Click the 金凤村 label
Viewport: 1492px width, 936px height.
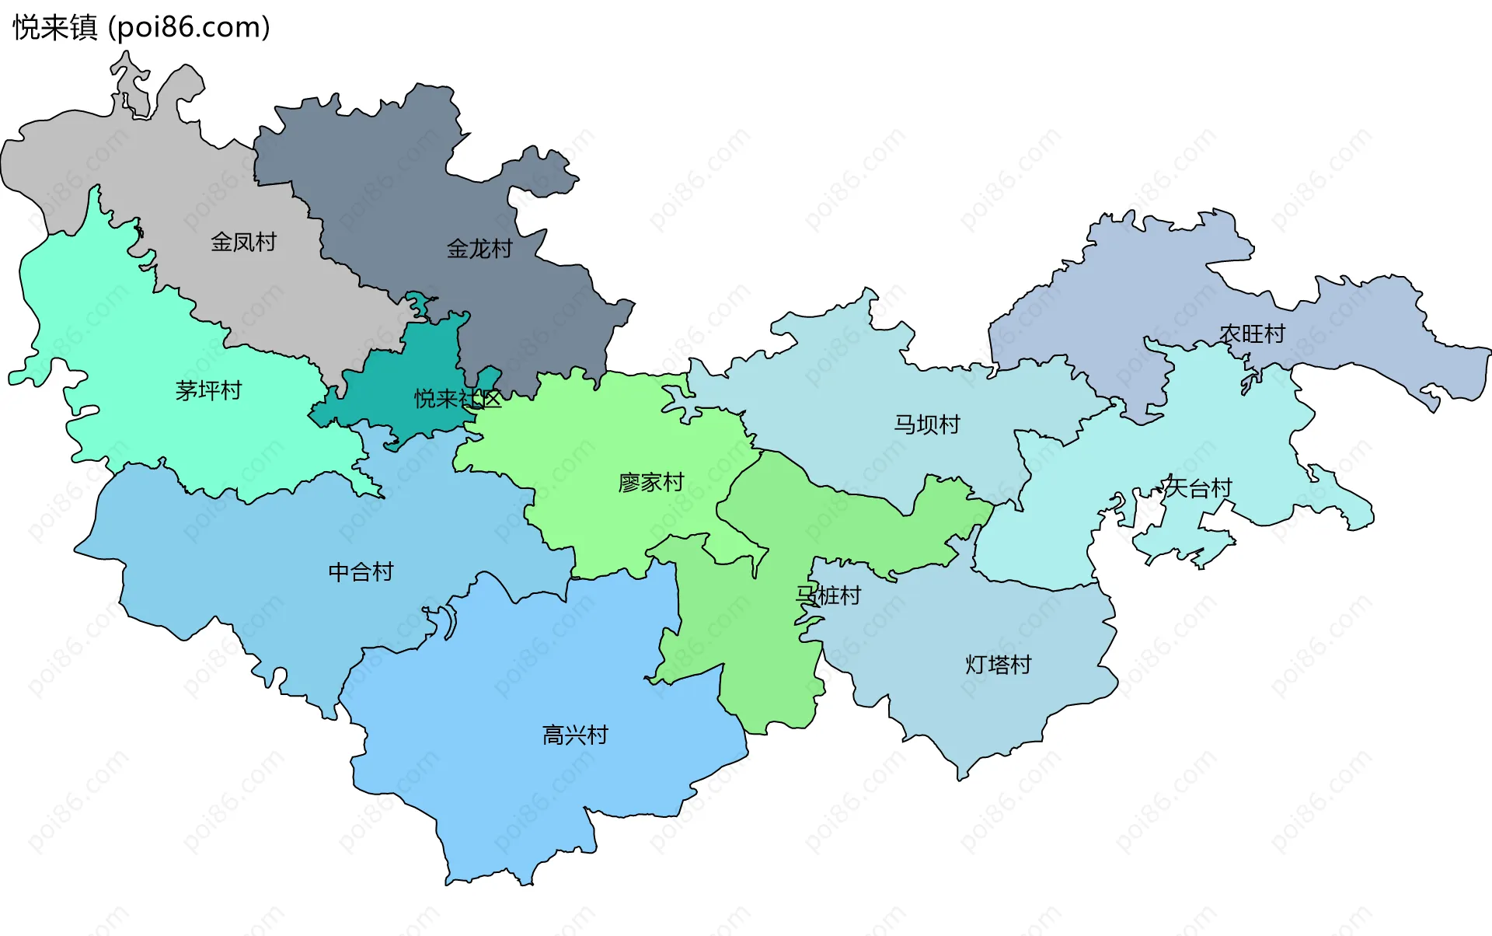pyautogui.click(x=243, y=242)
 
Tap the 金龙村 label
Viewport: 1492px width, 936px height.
pyautogui.click(x=479, y=249)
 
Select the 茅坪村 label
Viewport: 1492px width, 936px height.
pyautogui.click(x=208, y=390)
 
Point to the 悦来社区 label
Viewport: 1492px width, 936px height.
pyautogui.click(x=457, y=399)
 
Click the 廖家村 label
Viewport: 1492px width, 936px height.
pyautogui.click(x=651, y=483)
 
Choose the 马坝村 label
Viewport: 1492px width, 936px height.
pyautogui.click(x=927, y=424)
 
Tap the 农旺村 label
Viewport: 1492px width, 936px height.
pyautogui.click(x=1252, y=334)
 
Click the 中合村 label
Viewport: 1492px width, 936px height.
pyautogui.click(x=361, y=572)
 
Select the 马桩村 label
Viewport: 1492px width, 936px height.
pyautogui.click(x=828, y=595)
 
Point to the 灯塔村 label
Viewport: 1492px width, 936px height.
pyautogui.click(x=998, y=665)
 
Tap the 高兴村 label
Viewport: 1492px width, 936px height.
pyautogui.click(x=575, y=735)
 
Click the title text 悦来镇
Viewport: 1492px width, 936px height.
pyautogui.click(x=55, y=27)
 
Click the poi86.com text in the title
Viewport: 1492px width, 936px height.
pyautogui.click(x=190, y=27)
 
